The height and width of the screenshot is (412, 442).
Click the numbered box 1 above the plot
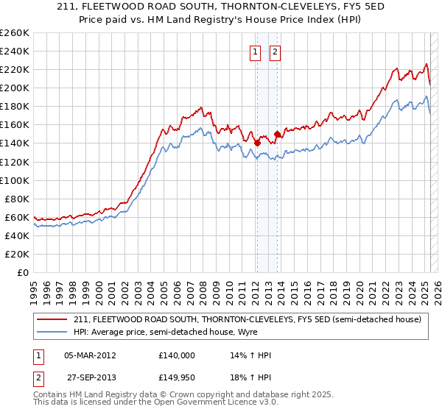(255, 51)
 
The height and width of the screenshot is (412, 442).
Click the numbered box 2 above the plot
(275, 51)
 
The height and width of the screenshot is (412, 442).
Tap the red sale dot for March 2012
(257, 143)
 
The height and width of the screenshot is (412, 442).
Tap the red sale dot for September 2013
(278, 134)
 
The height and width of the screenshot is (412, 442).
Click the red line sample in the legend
(52, 320)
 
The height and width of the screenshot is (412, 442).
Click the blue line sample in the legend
(52, 332)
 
